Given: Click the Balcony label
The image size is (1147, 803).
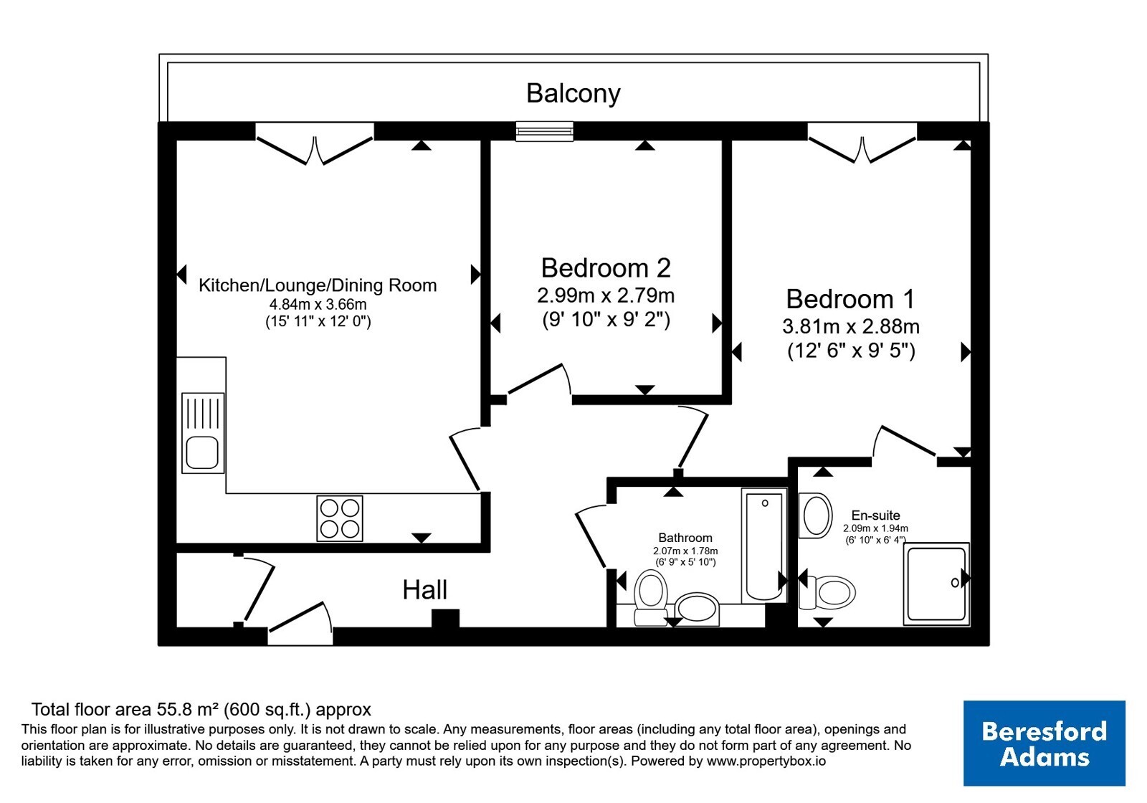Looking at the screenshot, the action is pos(573,94).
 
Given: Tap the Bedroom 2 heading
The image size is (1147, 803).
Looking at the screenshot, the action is pos(606,268).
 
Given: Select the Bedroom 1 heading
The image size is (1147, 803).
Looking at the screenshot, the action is pos(850,299).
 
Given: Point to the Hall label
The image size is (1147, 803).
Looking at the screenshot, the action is pos(424,589).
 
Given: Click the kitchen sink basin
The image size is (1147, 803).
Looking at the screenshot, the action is pos(202,452).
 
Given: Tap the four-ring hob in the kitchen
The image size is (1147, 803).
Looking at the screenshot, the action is pos(340,518).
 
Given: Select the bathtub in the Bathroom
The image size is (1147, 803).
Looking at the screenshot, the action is pos(764,546).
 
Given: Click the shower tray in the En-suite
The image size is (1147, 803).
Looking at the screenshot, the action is pos(936,584).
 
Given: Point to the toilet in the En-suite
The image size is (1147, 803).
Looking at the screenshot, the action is pos(827,592).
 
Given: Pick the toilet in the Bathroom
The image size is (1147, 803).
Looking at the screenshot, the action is pos(651,598).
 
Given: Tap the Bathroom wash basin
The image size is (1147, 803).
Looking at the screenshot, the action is pos(697,609).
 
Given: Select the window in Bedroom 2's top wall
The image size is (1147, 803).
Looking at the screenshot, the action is pos(544,131).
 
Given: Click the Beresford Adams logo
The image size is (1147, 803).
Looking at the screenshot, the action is pos(1044,743).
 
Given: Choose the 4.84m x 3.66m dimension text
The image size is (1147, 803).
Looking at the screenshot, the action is pos(318,305).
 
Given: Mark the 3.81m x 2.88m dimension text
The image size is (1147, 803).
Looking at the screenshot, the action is pos(850,327).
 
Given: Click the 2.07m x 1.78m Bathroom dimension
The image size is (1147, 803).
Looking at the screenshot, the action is pos(685,551).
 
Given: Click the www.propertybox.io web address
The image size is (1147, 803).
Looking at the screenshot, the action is pos(766,761).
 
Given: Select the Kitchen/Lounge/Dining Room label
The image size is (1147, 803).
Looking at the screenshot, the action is pos(318,285).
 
